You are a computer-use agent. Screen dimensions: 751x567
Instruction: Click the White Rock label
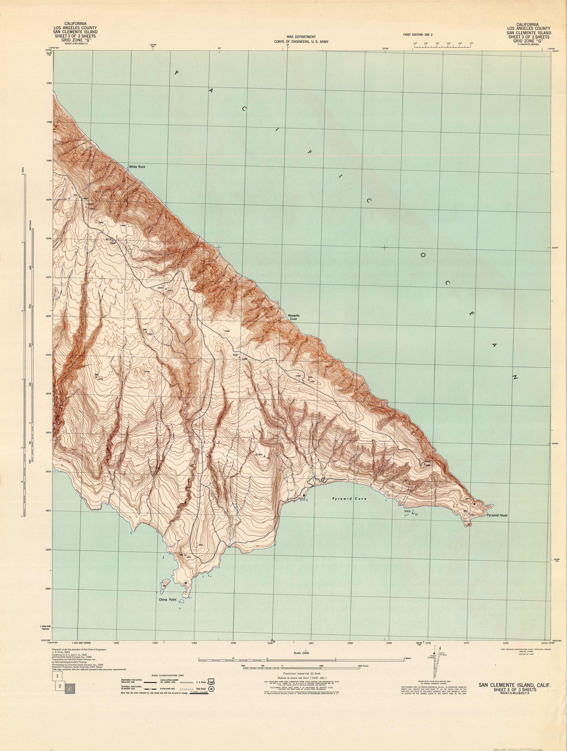[x=137, y=167]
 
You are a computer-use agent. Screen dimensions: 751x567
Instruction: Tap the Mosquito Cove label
[x=293, y=317]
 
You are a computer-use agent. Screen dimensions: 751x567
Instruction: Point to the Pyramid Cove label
[x=349, y=499]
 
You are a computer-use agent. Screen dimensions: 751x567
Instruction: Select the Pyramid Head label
[x=497, y=525]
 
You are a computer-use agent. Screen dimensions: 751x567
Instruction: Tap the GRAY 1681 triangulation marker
[x=166, y=289]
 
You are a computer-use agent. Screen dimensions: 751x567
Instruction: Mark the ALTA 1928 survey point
[x=113, y=240]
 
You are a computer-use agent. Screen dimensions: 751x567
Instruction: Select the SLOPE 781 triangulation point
[x=264, y=457]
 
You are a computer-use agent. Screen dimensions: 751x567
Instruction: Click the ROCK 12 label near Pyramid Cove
[x=407, y=511]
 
